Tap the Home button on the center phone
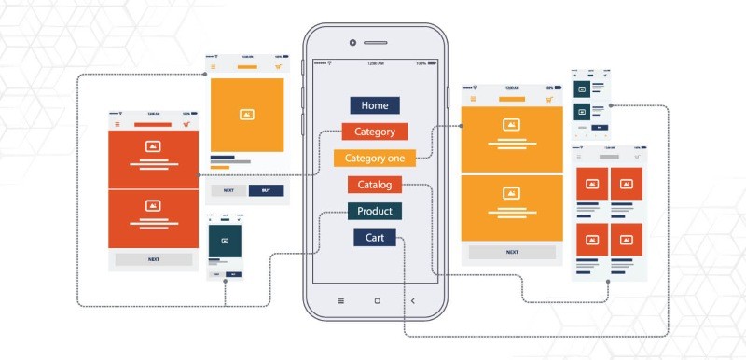pos(375,105)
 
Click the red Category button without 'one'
pos(375,132)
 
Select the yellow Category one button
pos(375,158)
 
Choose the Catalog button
pos(375,185)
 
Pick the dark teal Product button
pos(375,211)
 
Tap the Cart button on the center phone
pos(375,238)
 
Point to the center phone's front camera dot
pos(352,43)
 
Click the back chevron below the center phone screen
pos(412,301)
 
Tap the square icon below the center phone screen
pos(377,301)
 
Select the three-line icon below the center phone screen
pos(340,301)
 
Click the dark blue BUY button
pos(266,190)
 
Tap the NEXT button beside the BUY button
pos(228,190)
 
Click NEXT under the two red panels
pos(154,259)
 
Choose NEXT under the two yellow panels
pos(512,252)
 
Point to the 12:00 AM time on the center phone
pos(375,63)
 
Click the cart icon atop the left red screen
pos(186,124)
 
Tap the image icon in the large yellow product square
pos(247,115)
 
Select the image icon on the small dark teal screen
pos(224,241)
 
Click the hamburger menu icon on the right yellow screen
pos(473,98)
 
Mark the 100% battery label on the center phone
pos(421,63)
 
